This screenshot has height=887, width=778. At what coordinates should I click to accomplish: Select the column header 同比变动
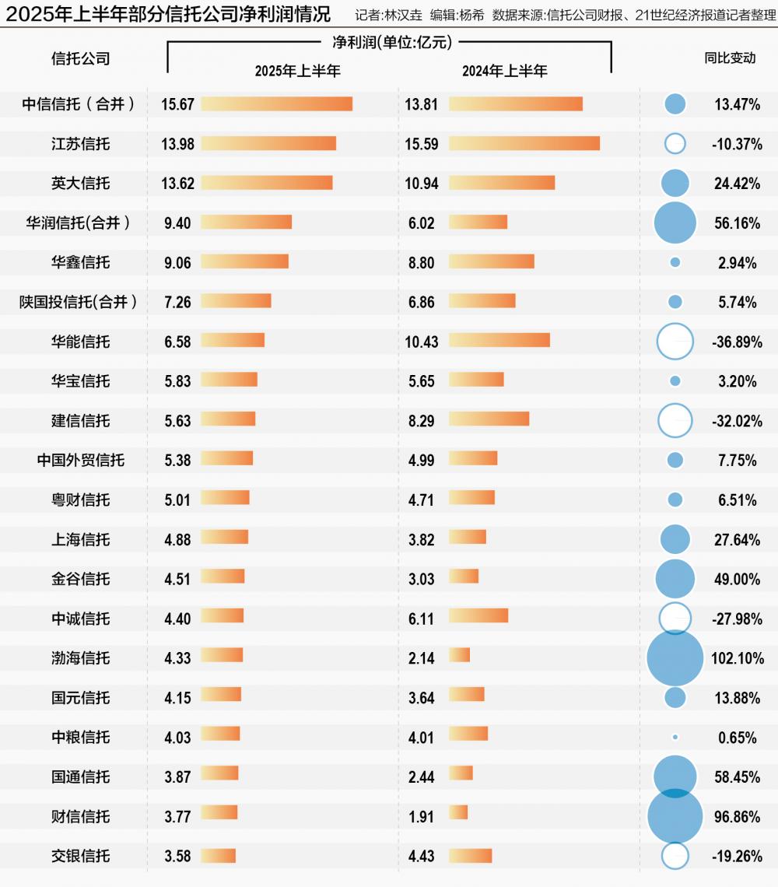730,58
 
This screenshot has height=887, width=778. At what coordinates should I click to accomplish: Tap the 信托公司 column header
81,58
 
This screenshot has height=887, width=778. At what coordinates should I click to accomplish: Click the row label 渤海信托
81,658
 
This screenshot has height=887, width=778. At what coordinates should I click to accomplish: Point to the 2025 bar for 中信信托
276,104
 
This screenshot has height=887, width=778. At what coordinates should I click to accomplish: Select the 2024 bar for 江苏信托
524,143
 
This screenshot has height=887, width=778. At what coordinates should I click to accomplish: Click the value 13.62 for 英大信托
178,183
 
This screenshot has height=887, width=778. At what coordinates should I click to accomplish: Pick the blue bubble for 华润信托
675,223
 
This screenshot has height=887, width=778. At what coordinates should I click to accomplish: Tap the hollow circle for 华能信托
675,342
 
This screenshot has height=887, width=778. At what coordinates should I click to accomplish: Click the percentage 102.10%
737,658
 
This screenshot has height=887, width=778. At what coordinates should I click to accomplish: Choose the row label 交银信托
81,856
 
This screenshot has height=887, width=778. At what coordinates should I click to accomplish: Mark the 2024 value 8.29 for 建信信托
421,421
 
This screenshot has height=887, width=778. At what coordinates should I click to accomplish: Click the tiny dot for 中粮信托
675,737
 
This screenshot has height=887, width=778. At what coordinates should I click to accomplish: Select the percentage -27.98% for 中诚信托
737,619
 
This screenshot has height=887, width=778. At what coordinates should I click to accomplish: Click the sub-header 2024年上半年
505,71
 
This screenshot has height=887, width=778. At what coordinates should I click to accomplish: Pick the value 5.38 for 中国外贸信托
178,461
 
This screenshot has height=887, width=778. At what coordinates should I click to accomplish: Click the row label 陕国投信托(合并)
81,302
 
